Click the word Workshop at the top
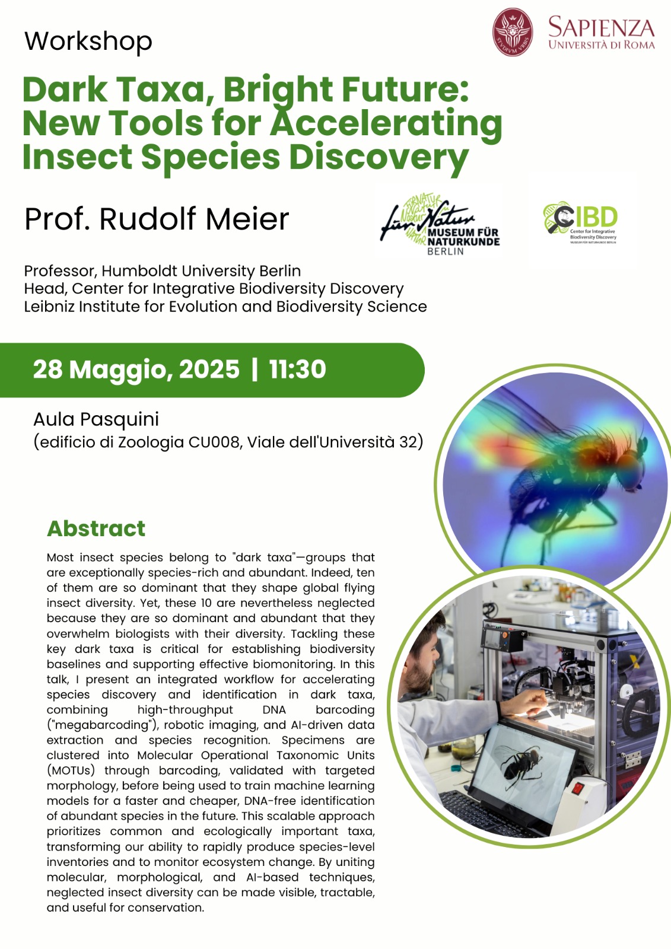pos(88,42)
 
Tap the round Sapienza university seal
pos(513,32)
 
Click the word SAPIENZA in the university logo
pos(602,27)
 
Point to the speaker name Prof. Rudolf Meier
pos(157,219)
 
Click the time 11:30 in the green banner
pos(298,369)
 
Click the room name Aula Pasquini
pos(96,419)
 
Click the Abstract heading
pos(96,528)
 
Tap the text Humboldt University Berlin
pos(201,270)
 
